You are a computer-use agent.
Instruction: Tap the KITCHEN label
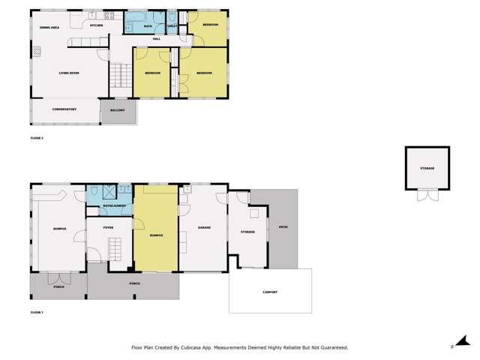(x=96, y=25)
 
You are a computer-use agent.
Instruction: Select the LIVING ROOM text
(x=70, y=73)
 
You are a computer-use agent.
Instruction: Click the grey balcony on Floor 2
(x=118, y=111)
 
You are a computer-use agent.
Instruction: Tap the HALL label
(x=156, y=38)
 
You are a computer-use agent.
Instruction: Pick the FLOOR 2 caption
(x=37, y=139)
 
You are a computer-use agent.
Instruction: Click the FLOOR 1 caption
(x=37, y=311)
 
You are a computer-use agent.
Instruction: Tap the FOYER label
(x=108, y=226)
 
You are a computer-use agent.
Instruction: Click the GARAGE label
(x=203, y=226)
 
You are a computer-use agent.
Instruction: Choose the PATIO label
(x=283, y=226)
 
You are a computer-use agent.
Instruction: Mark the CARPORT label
(x=270, y=292)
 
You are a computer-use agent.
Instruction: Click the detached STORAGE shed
(x=427, y=168)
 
